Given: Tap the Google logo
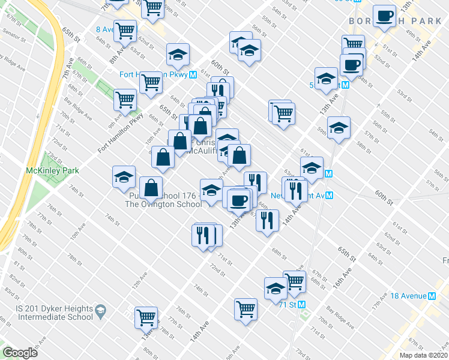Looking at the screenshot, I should (x=20, y=353).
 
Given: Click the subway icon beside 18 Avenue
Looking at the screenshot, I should (x=440, y=296).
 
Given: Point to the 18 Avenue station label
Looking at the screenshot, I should (x=412, y=296).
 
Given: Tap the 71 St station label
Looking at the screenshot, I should (x=289, y=304).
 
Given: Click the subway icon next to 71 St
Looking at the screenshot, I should (x=303, y=304).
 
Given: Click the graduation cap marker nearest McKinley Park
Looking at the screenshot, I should (x=124, y=176).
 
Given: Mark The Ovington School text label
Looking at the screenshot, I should (x=163, y=204).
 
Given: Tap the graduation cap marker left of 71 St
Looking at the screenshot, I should (x=276, y=288).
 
